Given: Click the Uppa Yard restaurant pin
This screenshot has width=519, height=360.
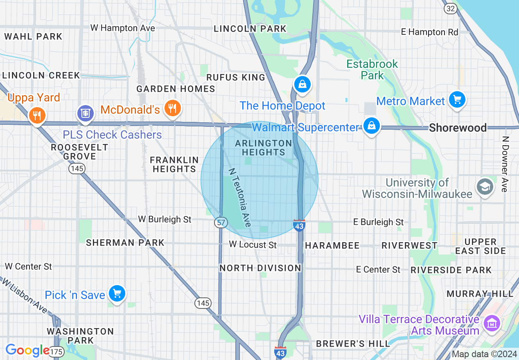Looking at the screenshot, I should tap(37, 116).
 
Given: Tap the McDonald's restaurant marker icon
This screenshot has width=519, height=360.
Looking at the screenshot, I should tap(172, 108).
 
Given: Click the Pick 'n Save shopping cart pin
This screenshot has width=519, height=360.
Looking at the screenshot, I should tap(117, 293).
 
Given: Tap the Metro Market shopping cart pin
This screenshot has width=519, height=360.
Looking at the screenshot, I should tap(457, 99).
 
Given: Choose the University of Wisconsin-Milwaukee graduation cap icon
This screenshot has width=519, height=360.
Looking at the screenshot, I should tap(485, 187).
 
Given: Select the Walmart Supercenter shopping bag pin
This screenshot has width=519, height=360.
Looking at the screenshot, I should tap(371, 126).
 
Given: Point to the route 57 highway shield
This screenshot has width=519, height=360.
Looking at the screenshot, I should tap(220, 223).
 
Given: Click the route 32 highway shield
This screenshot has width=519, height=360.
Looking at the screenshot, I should tap(450, 9).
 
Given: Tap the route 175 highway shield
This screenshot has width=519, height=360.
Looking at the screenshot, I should tap(57, 351).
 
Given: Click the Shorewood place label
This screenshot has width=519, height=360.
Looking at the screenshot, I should tap(458, 128).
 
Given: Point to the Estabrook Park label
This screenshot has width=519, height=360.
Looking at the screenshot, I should tap(372, 70).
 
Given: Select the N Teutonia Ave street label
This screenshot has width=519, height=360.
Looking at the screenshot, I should tap(239, 198).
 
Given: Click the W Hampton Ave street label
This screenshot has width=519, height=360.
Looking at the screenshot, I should tap(122, 28).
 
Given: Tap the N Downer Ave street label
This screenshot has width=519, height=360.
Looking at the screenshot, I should tap(505, 164).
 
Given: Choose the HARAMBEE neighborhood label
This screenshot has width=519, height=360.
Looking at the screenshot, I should tap(332, 245).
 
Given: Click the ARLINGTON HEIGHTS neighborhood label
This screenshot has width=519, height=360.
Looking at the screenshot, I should tap(264, 148).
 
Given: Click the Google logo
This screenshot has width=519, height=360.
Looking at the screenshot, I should tap(27, 350).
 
